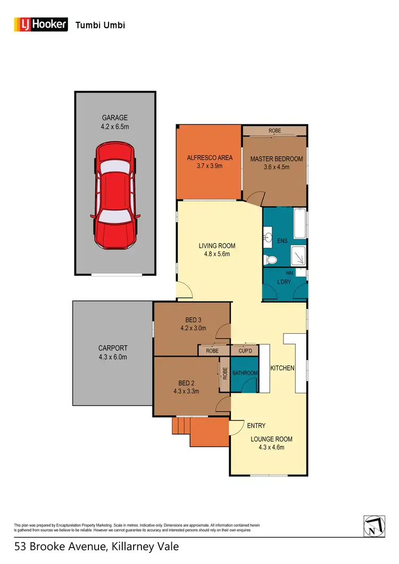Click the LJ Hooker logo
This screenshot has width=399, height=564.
[x=40, y=24]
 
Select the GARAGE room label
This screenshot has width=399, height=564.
[x=115, y=118]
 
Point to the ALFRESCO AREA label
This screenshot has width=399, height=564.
[x=209, y=158]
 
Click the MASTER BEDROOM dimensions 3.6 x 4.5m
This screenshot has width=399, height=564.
[x=277, y=167]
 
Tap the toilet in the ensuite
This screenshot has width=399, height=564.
[x=271, y=259]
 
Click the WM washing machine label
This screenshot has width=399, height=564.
[x=289, y=272]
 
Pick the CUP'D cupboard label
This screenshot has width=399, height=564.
[x=245, y=351]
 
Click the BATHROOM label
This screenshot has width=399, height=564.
[x=245, y=373]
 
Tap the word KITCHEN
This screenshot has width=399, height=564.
[x=282, y=368]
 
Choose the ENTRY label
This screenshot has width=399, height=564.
[x=256, y=425]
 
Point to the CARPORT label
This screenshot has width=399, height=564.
[x=113, y=348]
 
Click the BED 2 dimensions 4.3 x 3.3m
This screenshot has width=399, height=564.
[x=186, y=391]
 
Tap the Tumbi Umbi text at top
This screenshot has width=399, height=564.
[x=101, y=24]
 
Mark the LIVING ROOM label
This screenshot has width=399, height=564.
[x=217, y=246]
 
